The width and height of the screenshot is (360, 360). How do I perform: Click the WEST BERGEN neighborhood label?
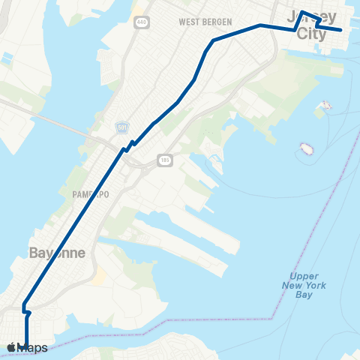[x=205, y=22]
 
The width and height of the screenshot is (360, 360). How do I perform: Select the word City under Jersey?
[x=312, y=34]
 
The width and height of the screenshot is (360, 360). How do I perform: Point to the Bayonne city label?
[x=57, y=253]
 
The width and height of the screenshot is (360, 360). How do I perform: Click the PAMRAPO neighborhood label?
[x=91, y=193]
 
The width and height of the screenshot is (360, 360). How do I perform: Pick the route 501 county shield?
[x=122, y=129]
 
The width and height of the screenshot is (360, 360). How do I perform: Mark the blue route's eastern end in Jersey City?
[x=341, y=30]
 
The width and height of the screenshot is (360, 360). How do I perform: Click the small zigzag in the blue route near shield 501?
[x=129, y=145]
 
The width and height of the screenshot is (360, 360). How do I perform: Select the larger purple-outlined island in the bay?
[x=305, y=148]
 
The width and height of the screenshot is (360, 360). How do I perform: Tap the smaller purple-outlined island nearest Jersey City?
[x=325, y=105]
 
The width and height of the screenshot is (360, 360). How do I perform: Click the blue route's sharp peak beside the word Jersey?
[x=301, y=12]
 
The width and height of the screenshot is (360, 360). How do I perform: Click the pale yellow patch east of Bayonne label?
[x=99, y=279]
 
